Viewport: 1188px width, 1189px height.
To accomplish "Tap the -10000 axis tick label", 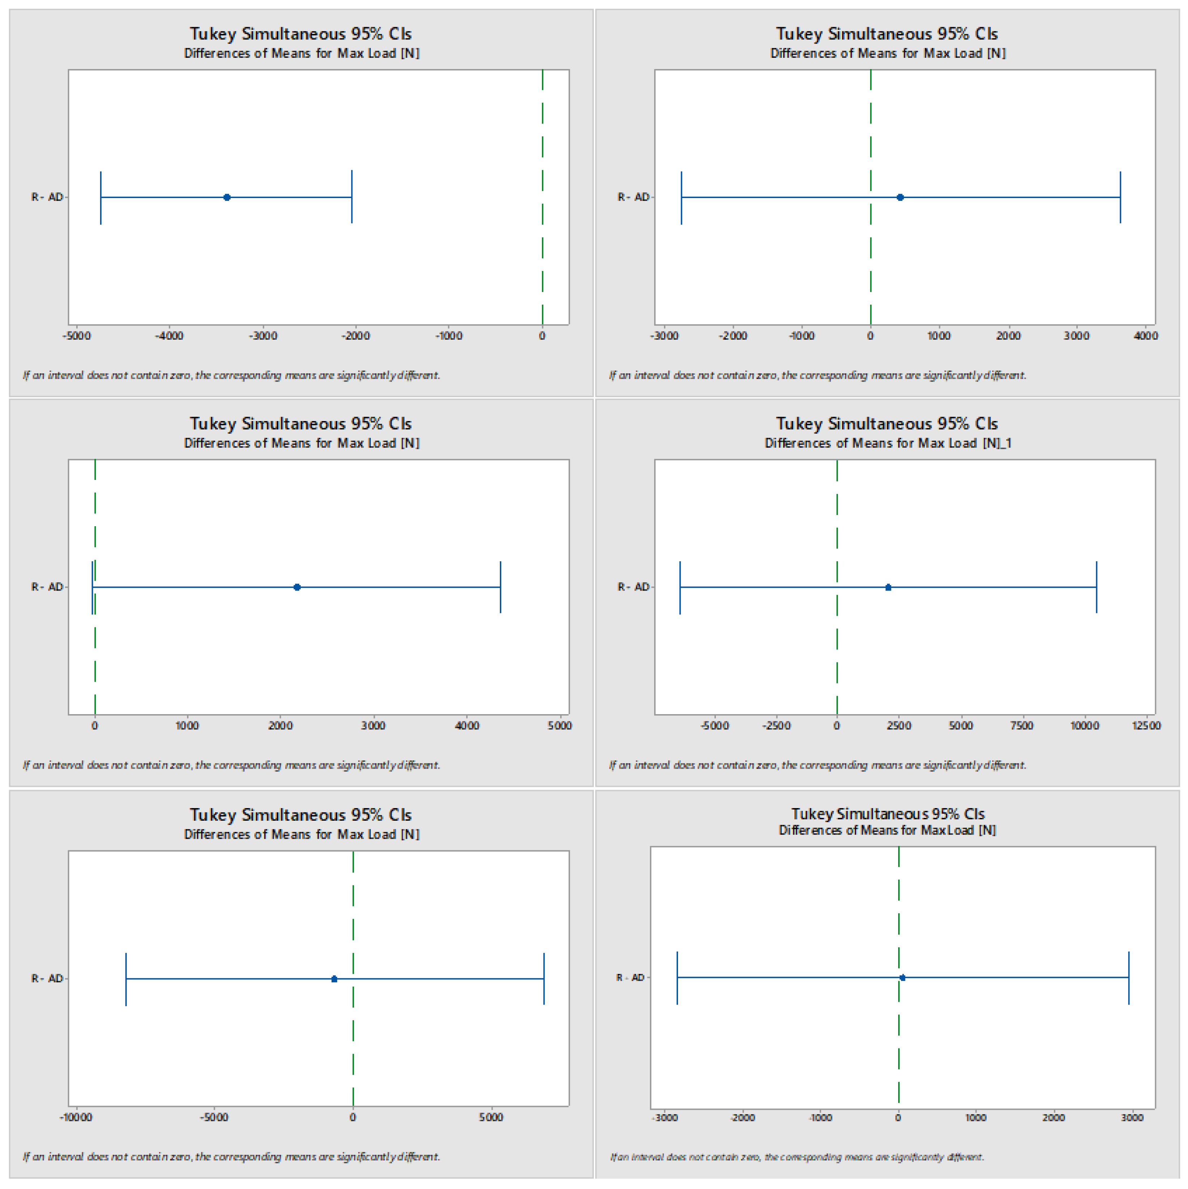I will (76, 1117).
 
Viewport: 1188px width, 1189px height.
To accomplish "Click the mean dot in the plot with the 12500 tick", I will (888, 587).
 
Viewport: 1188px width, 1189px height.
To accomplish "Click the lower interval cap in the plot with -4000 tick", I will (101, 198).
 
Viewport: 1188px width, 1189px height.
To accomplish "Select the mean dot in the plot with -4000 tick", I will (227, 198).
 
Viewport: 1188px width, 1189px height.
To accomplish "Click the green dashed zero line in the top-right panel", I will (870, 123).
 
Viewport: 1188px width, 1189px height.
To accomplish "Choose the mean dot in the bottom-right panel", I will (902, 977).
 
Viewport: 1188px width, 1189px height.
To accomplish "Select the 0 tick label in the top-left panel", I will (542, 336).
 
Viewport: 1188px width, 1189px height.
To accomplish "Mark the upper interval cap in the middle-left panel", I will (501, 587).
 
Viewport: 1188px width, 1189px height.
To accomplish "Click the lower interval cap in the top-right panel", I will (681, 198).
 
